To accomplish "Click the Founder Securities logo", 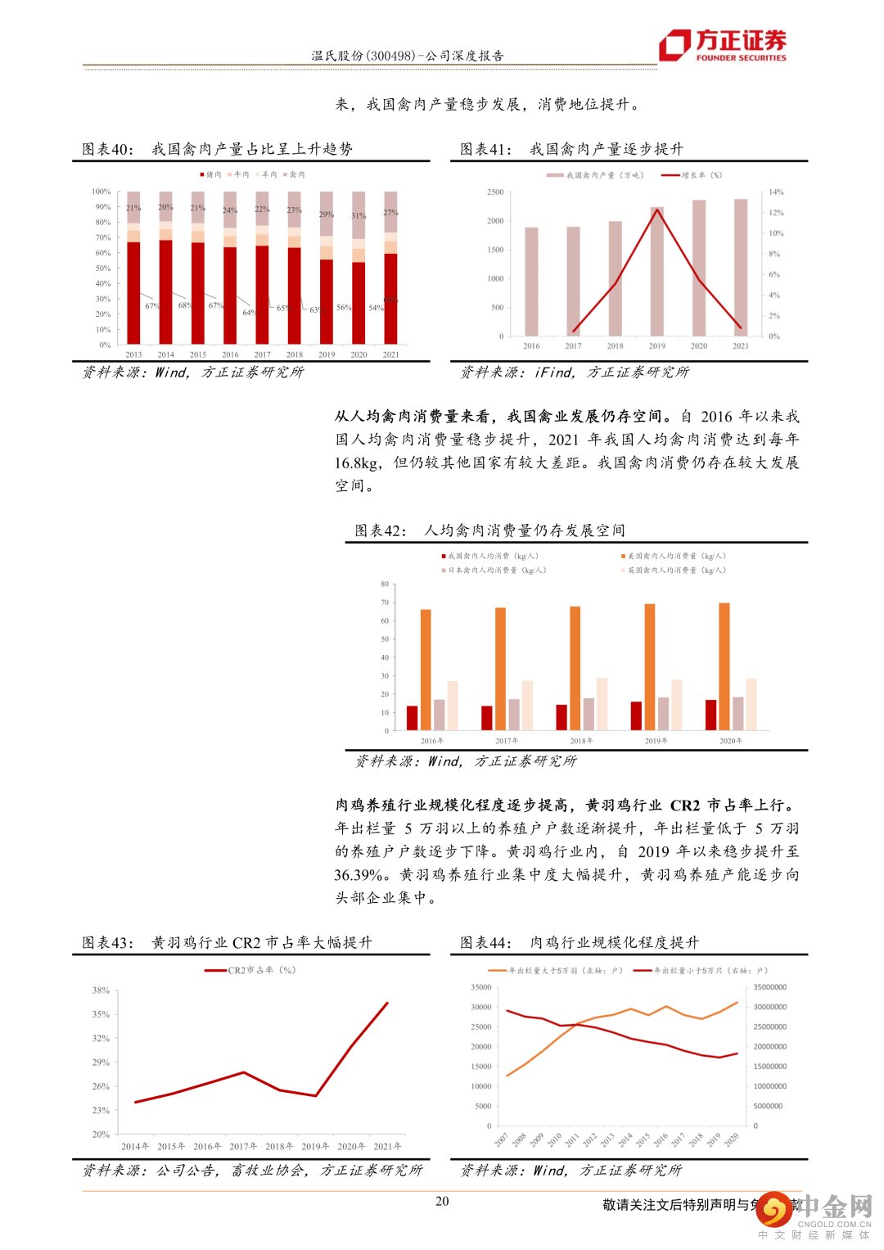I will point(724,45).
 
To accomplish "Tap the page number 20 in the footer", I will point(442,1201).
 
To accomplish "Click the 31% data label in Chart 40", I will point(359,215).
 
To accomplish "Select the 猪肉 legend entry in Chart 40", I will point(210,174).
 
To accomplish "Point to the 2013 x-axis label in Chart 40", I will point(133,354).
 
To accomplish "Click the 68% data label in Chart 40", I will point(185,305).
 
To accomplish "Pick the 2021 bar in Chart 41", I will point(741,267).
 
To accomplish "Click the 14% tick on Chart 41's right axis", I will point(776,192).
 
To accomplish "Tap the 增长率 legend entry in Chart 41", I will point(692,175).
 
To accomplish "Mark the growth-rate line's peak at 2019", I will point(657,210).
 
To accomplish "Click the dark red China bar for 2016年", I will point(412,717).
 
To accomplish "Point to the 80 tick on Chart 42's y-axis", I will point(385,584).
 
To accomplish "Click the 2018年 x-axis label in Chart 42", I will point(581,741).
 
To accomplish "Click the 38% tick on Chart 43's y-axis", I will point(101,991).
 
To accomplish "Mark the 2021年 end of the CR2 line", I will point(387,1003).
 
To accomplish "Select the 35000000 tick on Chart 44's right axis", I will point(769,987).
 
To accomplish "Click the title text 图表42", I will point(380,530).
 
